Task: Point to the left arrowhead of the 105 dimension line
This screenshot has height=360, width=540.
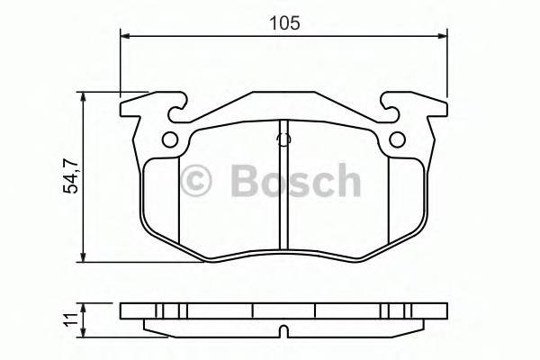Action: pos(126,36)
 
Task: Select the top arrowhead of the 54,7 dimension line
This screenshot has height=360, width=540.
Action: pos(84,96)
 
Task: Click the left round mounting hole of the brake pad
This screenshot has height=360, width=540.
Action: pos(170,139)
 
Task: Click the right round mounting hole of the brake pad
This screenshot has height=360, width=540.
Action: pos(396,139)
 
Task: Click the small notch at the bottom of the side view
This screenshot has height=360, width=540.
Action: pos(283,328)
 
